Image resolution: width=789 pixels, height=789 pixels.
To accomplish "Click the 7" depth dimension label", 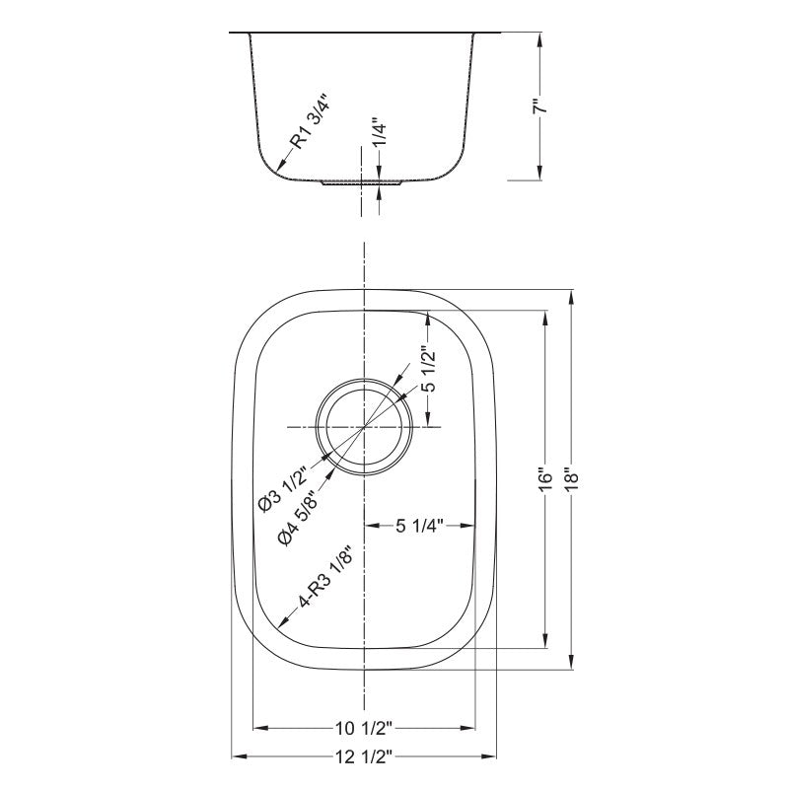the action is coord(538,108).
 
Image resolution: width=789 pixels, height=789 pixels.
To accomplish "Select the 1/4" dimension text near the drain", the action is coord(379,132).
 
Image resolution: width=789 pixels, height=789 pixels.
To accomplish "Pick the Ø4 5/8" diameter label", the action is coord(301,520).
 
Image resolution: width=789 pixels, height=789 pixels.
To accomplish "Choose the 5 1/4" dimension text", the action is coord(419,526).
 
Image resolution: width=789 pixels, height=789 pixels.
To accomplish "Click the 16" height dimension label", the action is coord(545,481).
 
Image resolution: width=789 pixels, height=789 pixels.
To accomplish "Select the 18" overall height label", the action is coord(571,480).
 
